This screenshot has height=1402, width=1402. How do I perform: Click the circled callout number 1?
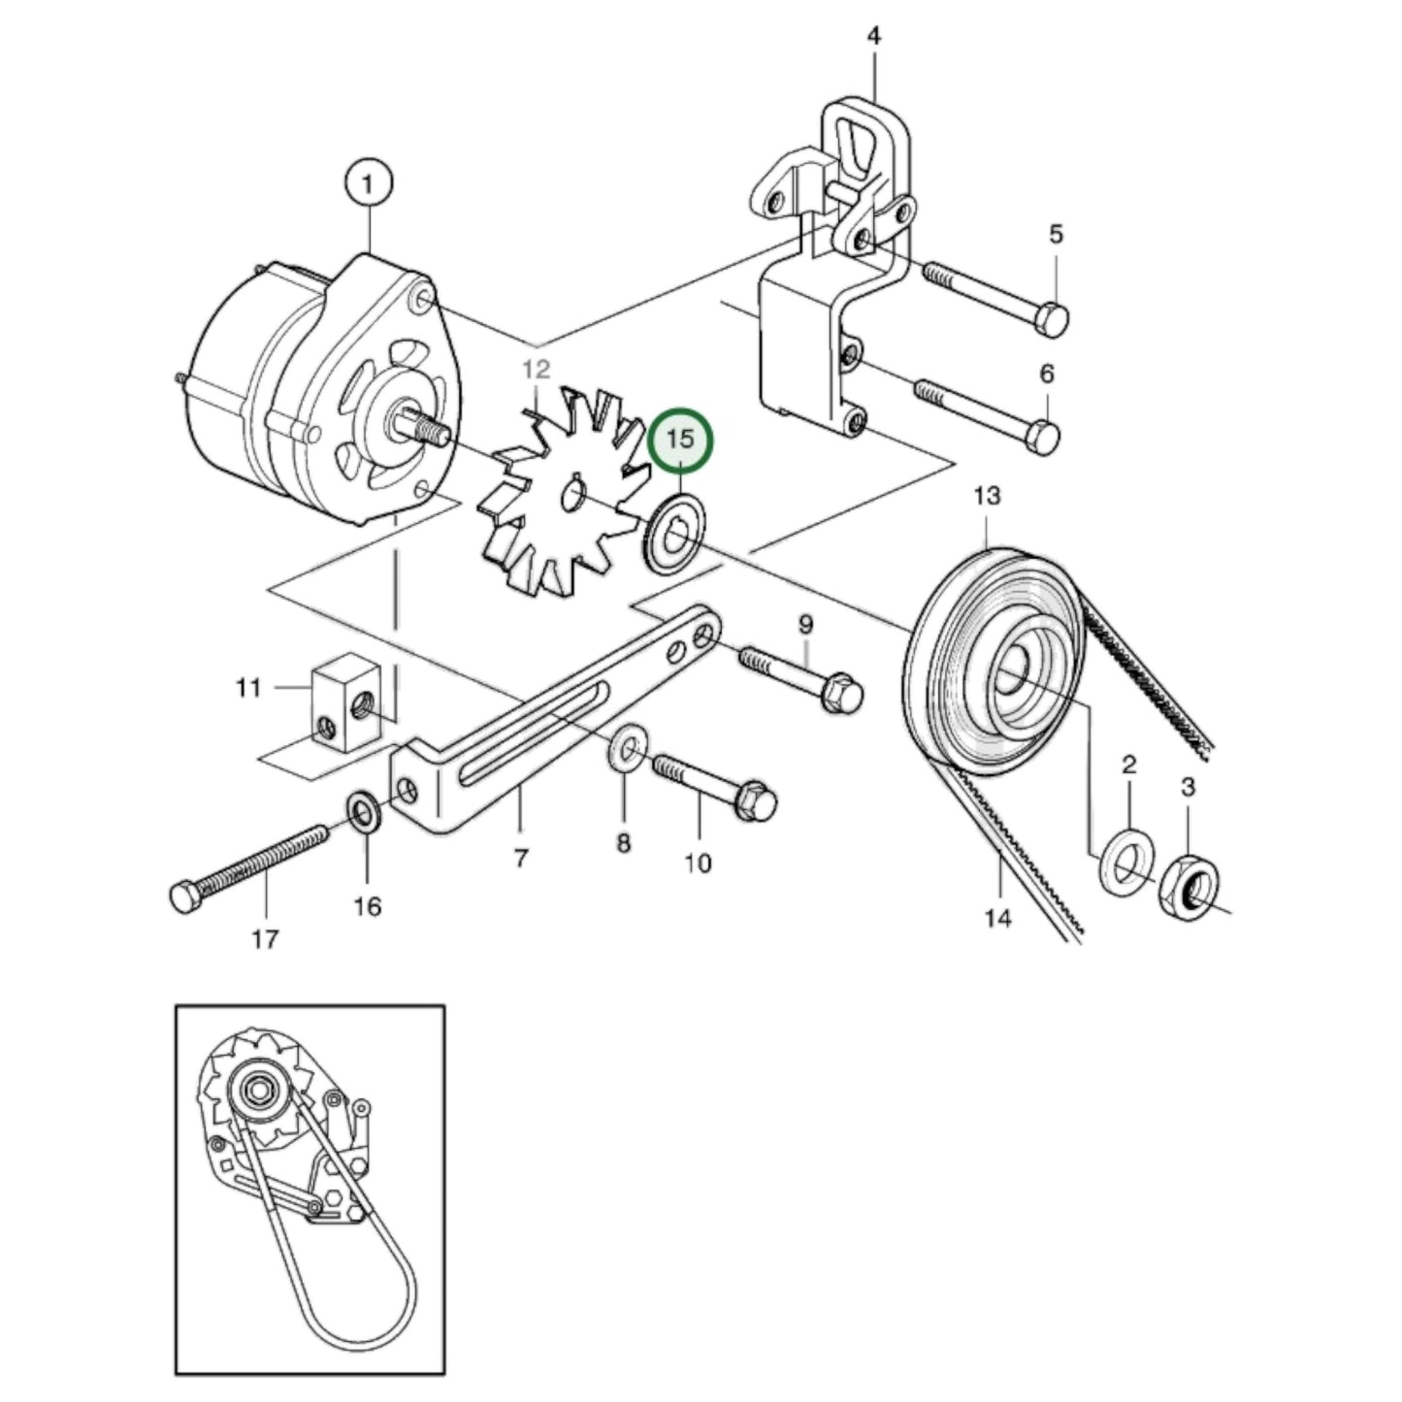[x=368, y=184]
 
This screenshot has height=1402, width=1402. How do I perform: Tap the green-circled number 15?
[x=681, y=440]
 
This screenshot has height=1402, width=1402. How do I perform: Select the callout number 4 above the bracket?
[x=873, y=37]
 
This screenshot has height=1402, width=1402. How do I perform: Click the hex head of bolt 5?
[x=1052, y=319]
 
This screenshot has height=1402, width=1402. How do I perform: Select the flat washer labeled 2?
[x=1126, y=862]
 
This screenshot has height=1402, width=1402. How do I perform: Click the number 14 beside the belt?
[x=997, y=917]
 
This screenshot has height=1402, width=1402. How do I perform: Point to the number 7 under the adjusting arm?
[x=521, y=858]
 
